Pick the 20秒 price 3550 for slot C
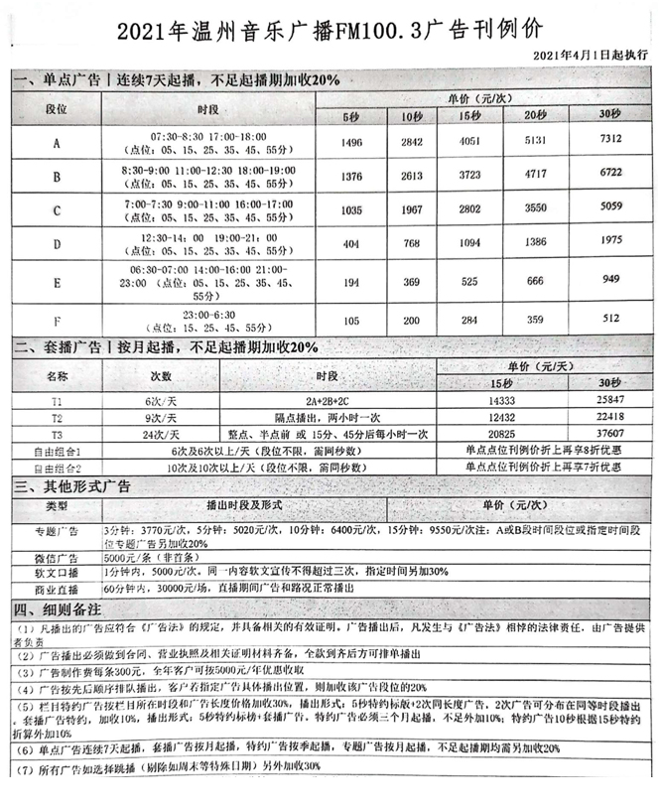coord(536,210)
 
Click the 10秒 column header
coord(412,118)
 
